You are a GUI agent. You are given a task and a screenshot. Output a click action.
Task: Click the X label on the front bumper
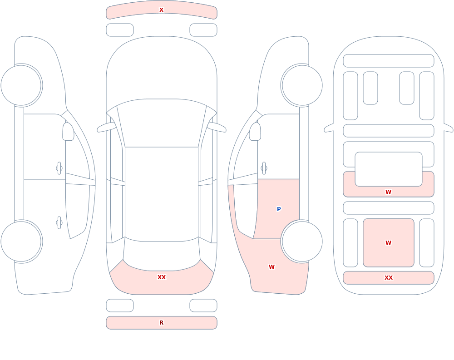click(x=161, y=10)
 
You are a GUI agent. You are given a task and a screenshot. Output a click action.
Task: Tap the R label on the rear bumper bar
click(x=161, y=323)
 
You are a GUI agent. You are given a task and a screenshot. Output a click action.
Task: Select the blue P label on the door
click(x=279, y=209)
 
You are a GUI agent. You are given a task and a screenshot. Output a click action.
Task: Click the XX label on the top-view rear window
click(x=161, y=277)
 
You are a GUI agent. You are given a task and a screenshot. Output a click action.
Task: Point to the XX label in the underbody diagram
click(x=388, y=278)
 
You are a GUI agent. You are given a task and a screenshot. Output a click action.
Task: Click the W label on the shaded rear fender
click(x=271, y=267)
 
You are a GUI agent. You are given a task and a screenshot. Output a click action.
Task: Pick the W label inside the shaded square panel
click(x=388, y=243)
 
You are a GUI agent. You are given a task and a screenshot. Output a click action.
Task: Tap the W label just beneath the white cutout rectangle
click(x=388, y=192)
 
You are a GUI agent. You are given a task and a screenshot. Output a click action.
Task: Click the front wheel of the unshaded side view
click(x=21, y=85)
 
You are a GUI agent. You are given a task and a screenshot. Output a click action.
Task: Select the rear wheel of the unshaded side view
click(x=21, y=241)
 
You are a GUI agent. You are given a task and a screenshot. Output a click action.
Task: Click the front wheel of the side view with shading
click(x=302, y=85)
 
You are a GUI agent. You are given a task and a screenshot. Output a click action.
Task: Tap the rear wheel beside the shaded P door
click(x=302, y=241)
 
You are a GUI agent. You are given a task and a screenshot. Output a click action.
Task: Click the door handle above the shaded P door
click(x=264, y=168)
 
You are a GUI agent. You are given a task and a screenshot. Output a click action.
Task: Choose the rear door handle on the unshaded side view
click(x=59, y=223)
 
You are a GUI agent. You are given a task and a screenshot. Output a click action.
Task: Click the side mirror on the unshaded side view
click(x=68, y=132)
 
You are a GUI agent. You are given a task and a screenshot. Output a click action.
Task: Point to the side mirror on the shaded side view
click(x=255, y=132)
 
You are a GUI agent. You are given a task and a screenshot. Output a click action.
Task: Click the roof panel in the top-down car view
click(x=162, y=194)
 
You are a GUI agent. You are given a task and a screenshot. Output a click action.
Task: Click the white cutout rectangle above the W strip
click(x=389, y=169)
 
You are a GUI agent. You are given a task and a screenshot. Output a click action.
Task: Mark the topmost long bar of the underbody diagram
click(x=389, y=61)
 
